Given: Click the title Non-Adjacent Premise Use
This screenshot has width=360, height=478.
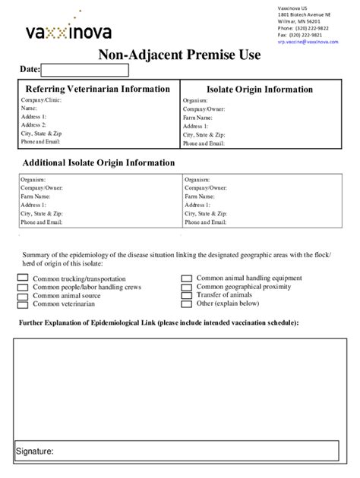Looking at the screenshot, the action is coord(179,55).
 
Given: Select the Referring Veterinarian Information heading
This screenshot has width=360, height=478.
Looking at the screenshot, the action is coord(98,89).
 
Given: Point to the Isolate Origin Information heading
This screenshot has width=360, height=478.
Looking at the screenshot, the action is coord(264,90).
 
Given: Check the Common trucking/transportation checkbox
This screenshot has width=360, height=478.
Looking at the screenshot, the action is coord(22,278).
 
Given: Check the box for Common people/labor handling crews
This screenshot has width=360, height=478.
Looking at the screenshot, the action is coord(22,287).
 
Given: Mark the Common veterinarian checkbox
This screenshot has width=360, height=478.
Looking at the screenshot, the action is coord(22,304).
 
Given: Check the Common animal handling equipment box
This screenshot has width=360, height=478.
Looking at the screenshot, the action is coord(186,278).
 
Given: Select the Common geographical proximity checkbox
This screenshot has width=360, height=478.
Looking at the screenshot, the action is coord(186,287).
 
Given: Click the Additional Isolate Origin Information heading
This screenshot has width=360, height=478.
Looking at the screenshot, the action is coord(99,162).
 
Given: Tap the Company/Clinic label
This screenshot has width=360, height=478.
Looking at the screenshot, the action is coord(42,100).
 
